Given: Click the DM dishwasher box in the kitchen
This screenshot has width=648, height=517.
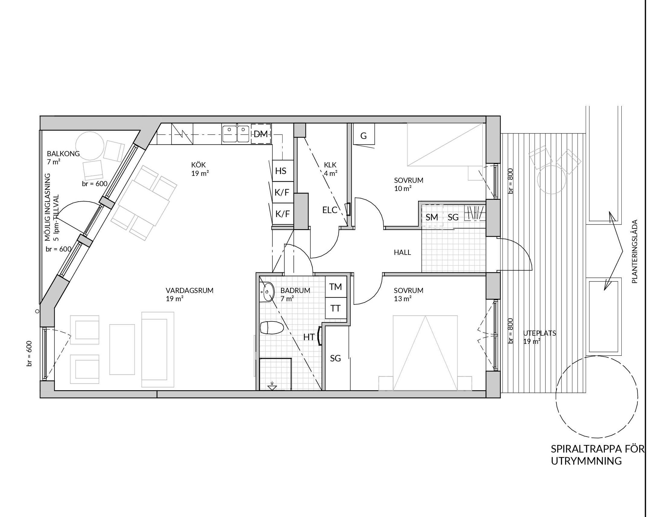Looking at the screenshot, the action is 261,133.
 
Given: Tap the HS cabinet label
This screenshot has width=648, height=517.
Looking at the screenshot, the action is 281,171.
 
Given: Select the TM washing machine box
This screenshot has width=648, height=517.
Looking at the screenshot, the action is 335,287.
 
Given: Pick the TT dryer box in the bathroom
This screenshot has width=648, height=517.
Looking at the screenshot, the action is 335,308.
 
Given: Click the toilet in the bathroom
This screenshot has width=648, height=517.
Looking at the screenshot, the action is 272,328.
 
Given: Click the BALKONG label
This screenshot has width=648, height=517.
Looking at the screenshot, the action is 63,153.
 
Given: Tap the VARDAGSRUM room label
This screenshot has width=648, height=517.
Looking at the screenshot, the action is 189,291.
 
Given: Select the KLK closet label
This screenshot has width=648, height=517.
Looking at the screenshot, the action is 330,165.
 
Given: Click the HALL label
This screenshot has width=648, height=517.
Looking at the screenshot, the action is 402,252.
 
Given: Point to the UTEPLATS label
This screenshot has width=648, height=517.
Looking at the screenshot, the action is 540,333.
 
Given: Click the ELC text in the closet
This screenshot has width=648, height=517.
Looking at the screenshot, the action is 330,210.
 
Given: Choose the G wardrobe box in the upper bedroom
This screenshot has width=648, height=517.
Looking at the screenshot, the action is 364,134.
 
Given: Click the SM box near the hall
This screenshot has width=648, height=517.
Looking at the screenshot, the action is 432,217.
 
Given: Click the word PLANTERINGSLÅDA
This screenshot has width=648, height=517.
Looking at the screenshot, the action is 635,252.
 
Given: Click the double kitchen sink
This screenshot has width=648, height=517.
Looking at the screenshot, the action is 236,133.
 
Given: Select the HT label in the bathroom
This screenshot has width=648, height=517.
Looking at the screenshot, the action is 309,337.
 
